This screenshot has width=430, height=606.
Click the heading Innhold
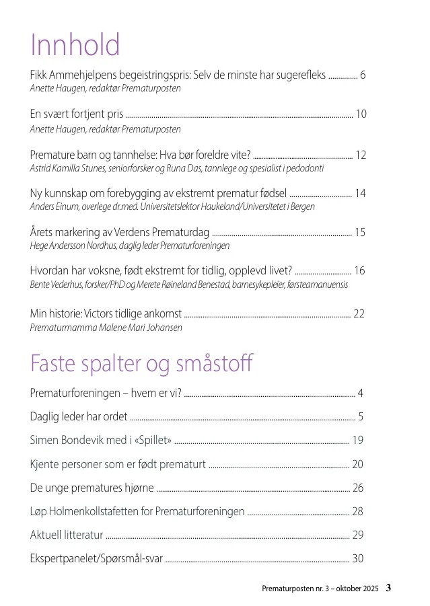pos(75,45)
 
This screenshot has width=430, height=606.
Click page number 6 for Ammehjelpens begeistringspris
pos(363,75)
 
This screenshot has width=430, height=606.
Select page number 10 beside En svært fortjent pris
pos(361,114)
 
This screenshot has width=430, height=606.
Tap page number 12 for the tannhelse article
pos(361,155)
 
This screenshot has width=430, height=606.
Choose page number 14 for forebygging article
pos(360,194)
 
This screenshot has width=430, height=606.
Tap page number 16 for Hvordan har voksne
pos(359,271)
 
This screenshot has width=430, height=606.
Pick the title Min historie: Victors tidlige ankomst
pos(106,314)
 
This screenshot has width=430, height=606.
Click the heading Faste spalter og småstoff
pos(141,363)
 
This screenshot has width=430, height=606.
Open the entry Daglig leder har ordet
pos(79,416)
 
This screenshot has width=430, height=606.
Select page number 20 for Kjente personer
pos(357,464)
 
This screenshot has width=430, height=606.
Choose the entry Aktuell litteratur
pos(66,535)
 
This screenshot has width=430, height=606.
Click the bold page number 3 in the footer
pos(388,589)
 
